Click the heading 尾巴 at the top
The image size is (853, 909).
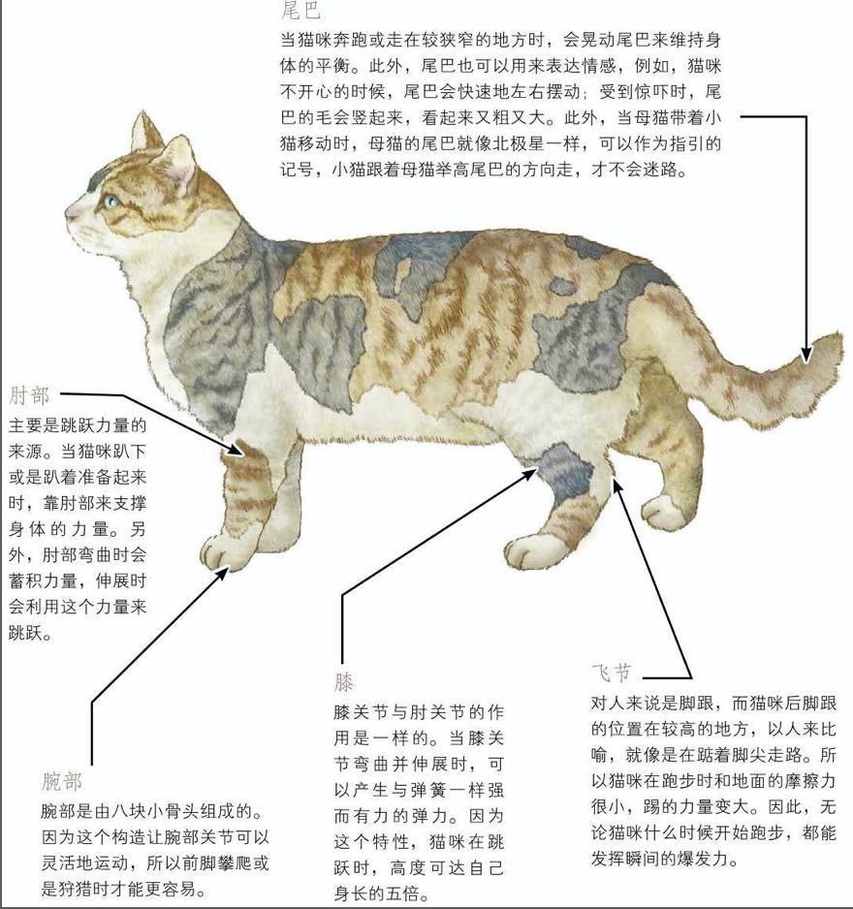coord(300,11)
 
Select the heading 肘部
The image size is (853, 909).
coord(28,395)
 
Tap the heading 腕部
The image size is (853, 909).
coord(62,781)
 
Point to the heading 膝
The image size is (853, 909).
coord(345,681)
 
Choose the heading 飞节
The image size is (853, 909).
coord(611,673)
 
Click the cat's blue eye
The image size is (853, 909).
coord(112,202)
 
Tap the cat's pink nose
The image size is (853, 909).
coord(69,210)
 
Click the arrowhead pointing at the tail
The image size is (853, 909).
coord(805,356)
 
